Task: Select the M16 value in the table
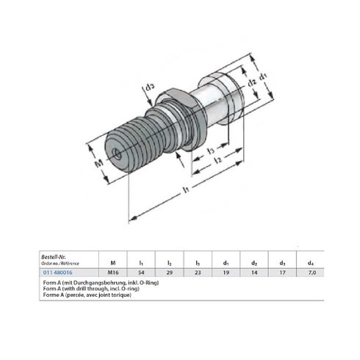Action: click(x=112, y=271)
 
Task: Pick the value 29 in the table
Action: click(x=169, y=271)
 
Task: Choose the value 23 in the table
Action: click(x=197, y=271)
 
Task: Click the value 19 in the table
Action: click(x=226, y=271)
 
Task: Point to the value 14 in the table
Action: click(x=254, y=271)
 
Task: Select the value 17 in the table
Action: click(x=283, y=271)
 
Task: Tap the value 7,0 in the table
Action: click(x=312, y=271)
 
